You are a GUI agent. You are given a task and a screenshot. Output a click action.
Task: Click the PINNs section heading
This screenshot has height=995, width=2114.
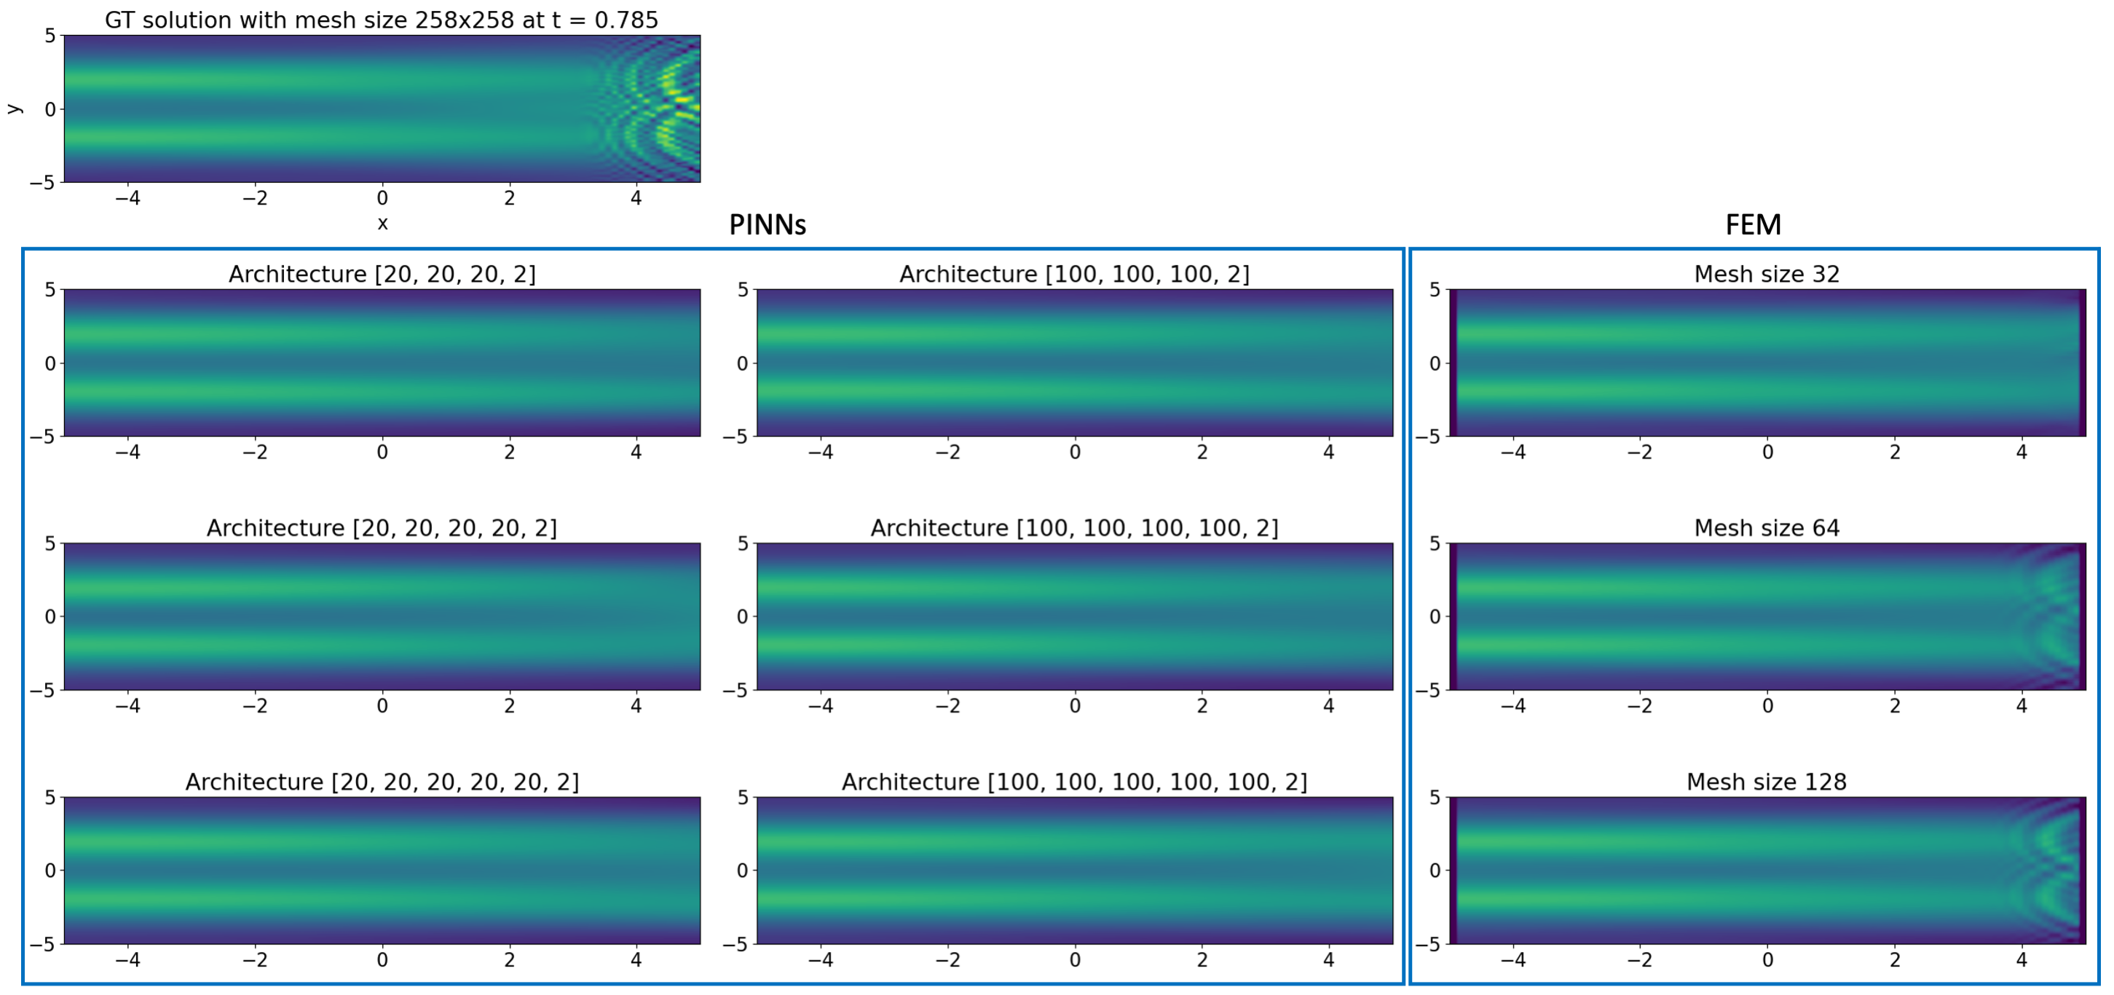[x=768, y=225]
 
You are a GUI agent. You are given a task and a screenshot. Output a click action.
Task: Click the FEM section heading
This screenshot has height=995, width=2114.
[x=1753, y=225]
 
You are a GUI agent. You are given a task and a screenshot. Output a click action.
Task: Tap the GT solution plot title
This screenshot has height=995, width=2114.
[x=382, y=20]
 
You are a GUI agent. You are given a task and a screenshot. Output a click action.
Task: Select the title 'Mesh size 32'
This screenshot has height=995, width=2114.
[x=1766, y=274]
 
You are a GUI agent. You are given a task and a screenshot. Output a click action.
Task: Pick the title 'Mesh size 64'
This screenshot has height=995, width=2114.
[x=1766, y=528]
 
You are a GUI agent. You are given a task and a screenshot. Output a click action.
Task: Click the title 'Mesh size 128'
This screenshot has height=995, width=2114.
[x=1766, y=782]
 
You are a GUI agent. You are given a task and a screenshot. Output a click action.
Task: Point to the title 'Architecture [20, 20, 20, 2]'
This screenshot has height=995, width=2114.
[x=382, y=274]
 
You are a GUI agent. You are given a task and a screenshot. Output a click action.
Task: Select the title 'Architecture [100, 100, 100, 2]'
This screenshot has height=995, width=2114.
[x=1074, y=274]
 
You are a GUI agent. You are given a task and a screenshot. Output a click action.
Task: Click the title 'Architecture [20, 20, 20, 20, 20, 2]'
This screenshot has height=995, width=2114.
[x=382, y=782]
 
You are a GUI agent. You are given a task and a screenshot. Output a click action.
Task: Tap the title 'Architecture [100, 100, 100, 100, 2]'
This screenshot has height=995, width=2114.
[x=1074, y=528]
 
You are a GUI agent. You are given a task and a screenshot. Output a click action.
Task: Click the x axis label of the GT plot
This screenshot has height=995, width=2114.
[x=382, y=224]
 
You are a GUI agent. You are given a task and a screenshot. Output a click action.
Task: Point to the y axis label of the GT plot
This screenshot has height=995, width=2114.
[x=14, y=109]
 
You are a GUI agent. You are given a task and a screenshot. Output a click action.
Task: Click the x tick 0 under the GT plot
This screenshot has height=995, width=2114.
[x=382, y=198]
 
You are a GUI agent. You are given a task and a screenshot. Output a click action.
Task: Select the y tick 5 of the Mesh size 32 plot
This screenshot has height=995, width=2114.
[x=1435, y=289]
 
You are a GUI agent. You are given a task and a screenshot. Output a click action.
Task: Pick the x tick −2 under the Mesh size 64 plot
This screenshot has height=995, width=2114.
[x=1640, y=705]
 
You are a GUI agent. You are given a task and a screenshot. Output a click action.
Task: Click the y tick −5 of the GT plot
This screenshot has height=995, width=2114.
[x=43, y=182]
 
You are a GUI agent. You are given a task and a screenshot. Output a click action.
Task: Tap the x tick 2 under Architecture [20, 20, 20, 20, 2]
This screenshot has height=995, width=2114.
[x=509, y=705]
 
